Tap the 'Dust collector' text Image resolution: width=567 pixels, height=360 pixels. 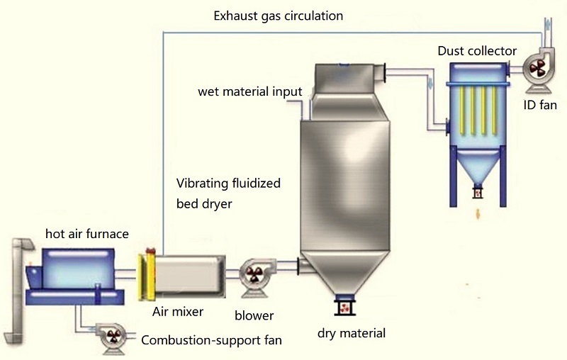(x=476, y=50)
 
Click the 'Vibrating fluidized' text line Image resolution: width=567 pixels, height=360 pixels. (x=228, y=183)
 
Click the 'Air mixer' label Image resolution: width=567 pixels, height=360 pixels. (x=179, y=311)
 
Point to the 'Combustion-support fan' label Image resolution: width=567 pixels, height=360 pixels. (x=212, y=340)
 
